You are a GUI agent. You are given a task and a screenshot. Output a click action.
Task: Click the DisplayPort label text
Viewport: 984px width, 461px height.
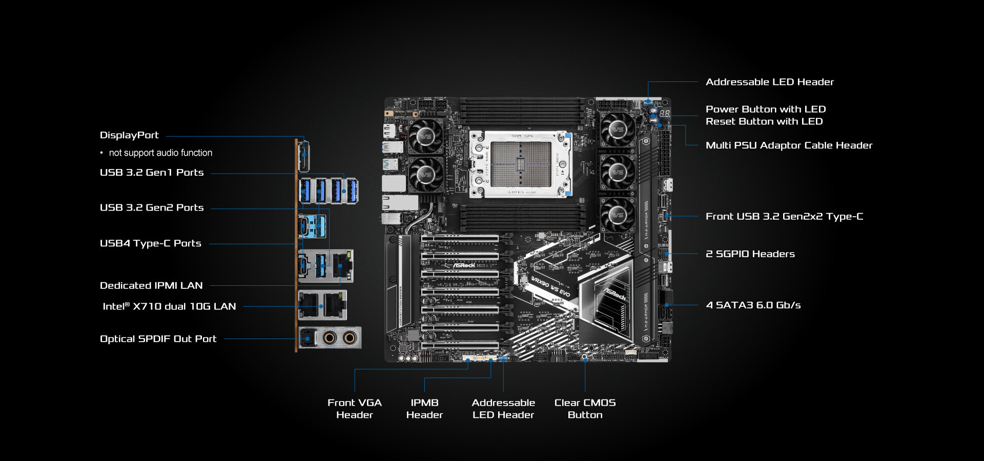[129, 135]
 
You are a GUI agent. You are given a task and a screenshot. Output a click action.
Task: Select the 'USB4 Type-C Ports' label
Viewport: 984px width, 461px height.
[150, 243]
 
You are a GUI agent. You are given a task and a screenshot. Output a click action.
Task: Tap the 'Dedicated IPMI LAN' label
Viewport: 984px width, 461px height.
[151, 285]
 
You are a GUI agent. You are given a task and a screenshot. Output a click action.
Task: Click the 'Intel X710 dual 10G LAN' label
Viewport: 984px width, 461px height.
[169, 306]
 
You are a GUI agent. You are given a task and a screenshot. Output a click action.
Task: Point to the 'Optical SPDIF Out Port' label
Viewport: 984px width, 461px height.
[158, 339]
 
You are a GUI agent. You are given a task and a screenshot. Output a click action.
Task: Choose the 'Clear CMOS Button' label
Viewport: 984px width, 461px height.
[585, 409]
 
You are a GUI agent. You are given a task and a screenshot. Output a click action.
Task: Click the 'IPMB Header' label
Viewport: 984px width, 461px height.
[424, 409]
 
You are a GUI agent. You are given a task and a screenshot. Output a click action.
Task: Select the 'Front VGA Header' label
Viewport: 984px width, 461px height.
[355, 409]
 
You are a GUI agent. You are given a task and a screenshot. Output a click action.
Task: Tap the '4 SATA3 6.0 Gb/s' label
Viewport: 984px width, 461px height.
[753, 305]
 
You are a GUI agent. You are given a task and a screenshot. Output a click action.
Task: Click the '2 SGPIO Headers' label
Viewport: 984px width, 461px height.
[750, 254]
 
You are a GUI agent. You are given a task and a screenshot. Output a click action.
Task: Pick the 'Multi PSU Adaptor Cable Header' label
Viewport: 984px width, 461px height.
[788, 145]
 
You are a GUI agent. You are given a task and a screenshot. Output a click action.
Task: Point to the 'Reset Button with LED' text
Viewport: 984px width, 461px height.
[764, 121]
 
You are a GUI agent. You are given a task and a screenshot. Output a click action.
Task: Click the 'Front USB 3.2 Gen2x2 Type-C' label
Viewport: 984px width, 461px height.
[784, 217]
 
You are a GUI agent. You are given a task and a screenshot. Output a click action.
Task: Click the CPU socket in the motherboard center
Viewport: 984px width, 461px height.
[521, 164]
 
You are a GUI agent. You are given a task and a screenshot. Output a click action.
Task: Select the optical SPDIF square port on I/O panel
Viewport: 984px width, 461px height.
[307, 338]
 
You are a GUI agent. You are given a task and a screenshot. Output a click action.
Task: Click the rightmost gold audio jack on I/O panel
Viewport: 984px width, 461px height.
[350, 338]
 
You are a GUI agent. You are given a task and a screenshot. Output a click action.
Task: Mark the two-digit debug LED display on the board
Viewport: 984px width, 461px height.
[664, 113]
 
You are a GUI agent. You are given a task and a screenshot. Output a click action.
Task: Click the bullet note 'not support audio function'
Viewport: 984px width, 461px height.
[160, 153]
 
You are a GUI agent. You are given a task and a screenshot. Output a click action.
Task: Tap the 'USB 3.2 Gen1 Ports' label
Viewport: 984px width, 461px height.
[152, 173]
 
